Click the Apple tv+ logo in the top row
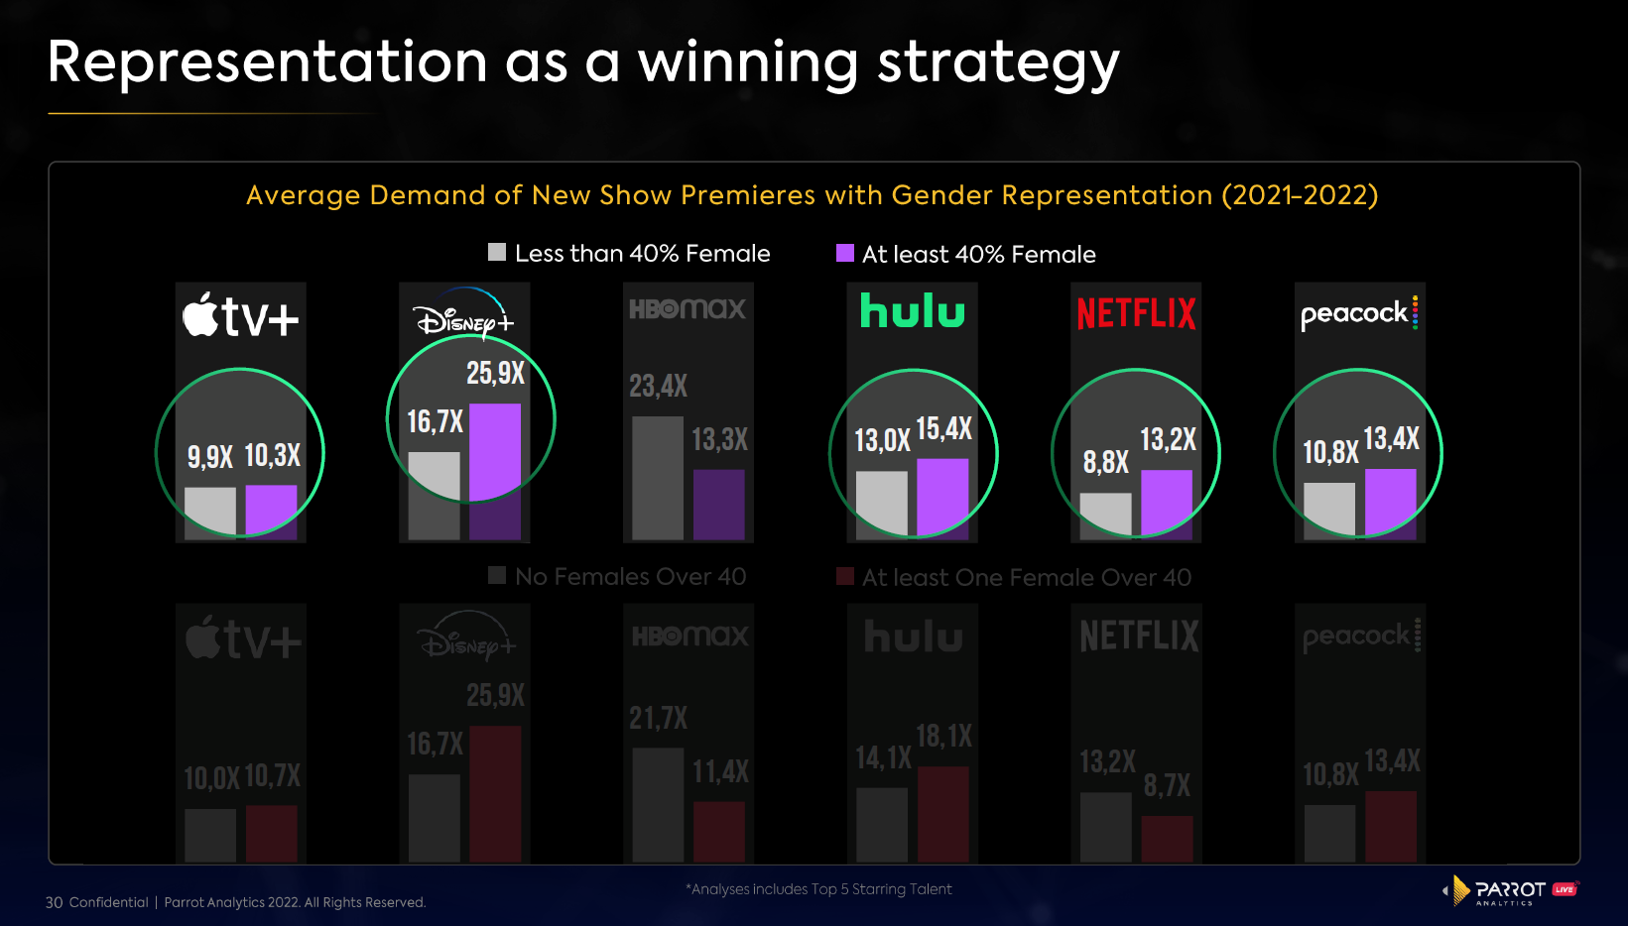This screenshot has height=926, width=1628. (x=240, y=316)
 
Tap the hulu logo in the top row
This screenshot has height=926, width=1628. (x=912, y=311)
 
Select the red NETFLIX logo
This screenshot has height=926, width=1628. (x=1136, y=314)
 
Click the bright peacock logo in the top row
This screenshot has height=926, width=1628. (x=1358, y=313)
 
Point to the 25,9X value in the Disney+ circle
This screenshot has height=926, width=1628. (x=495, y=374)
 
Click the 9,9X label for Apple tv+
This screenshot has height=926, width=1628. (x=209, y=457)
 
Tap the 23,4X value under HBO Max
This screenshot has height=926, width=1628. (x=658, y=386)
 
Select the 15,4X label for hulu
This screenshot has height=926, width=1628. (x=943, y=429)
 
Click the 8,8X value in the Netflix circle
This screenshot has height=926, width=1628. (x=1105, y=462)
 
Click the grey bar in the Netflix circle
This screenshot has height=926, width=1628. (x=1105, y=515)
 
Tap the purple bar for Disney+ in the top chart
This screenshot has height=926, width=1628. (x=495, y=451)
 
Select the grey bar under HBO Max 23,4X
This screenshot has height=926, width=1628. (x=657, y=477)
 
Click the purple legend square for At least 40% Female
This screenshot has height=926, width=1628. (x=845, y=253)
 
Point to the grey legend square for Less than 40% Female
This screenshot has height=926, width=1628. (x=497, y=252)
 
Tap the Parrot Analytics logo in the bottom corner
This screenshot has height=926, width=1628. (x=1510, y=890)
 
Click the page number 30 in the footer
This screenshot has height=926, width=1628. (x=54, y=902)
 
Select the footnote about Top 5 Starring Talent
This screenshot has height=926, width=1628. (x=818, y=889)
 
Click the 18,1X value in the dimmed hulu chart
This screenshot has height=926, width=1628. (x=943, y=737)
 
